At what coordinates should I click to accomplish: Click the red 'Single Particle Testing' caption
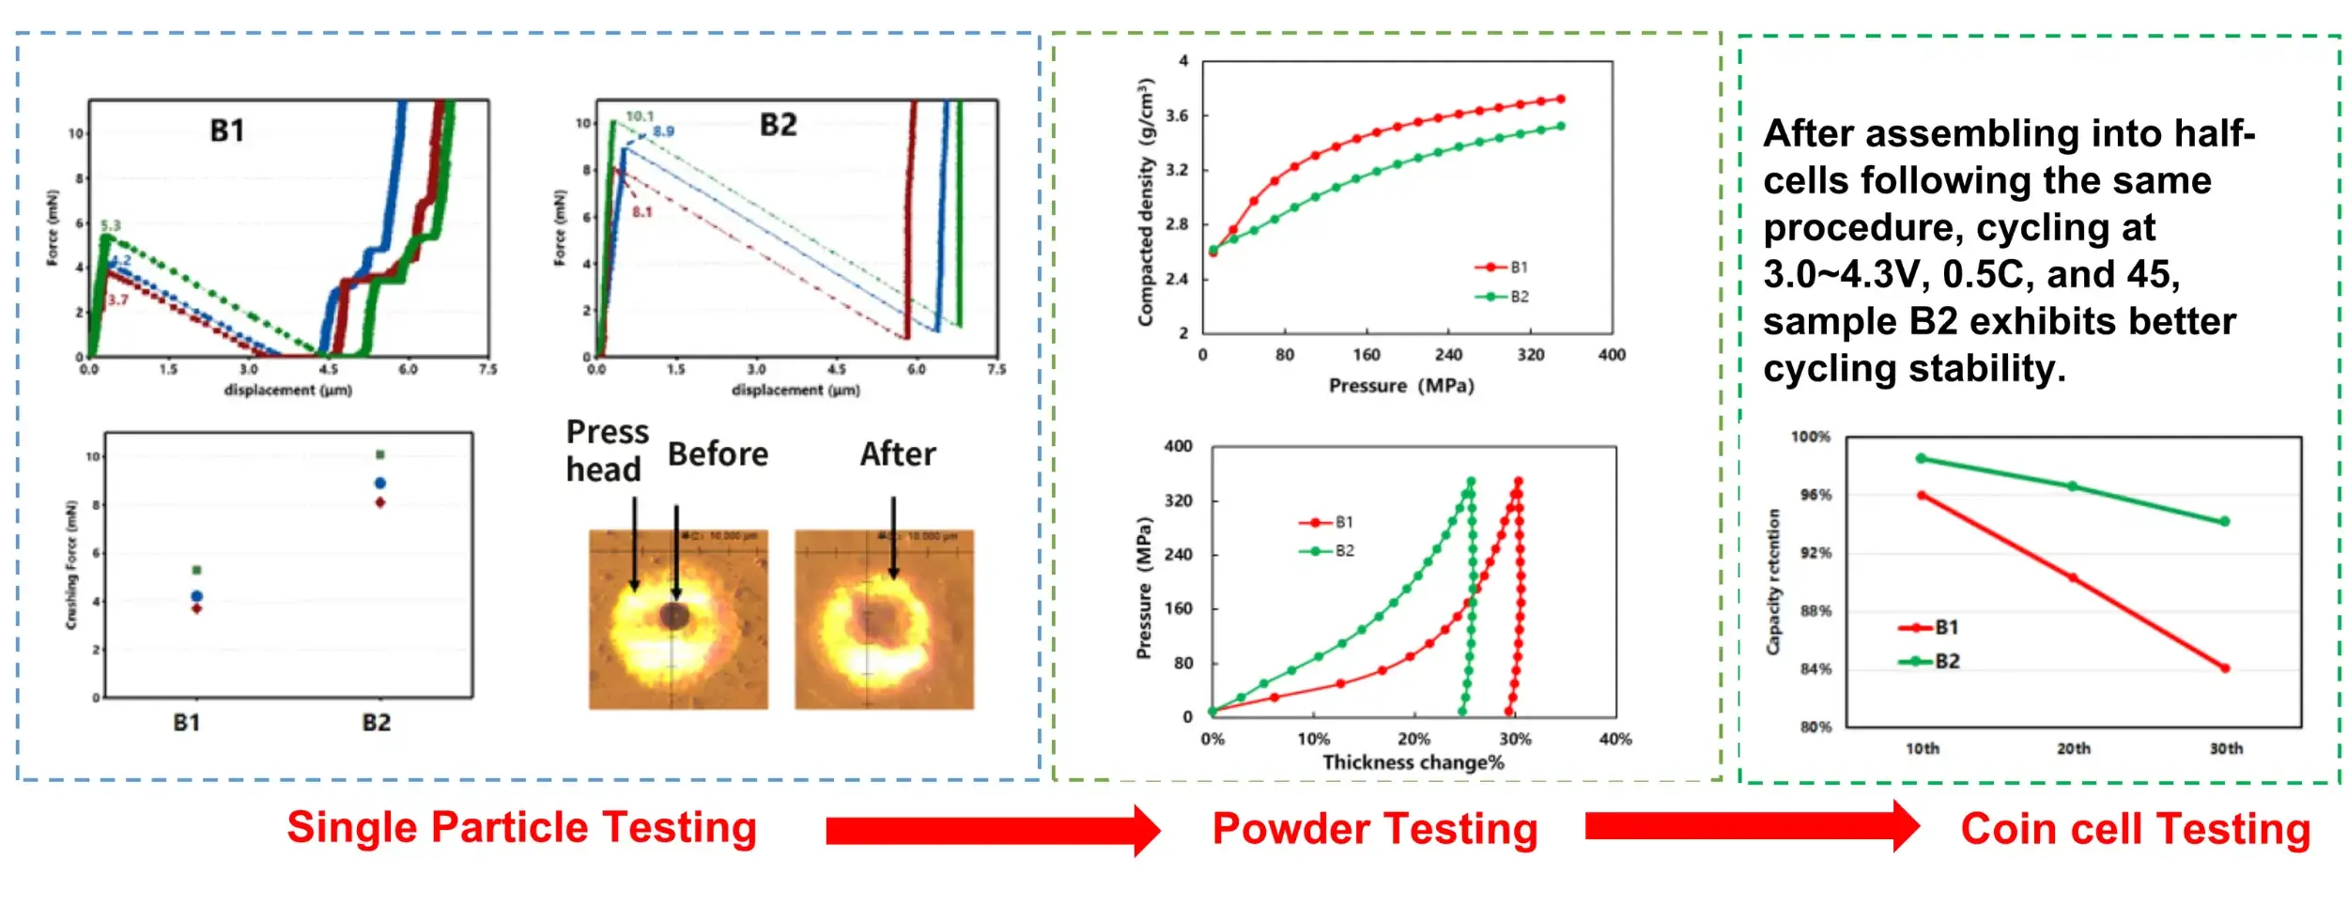click(x=521, y=828)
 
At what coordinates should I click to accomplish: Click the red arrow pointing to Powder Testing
click(x=992, y=830)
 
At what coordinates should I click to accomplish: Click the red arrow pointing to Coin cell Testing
click(x=1751, y=826)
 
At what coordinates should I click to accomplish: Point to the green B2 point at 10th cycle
click(x=1922, y=458)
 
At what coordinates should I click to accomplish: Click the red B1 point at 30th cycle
click(x=2225, y=668)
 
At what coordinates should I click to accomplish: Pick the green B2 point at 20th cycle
click(x=2073, y=486)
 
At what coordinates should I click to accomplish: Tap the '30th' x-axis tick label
click(x=2225, y=748)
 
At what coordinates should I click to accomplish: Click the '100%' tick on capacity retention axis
click(x=1810, y=437)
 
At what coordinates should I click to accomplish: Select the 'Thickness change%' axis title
click(x=1413, y=762)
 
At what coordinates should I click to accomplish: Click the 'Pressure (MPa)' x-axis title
click(x=1401, y=386)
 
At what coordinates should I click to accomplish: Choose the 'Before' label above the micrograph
click(x=718, y=454)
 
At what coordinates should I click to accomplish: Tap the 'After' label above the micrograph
click(x=898, y=454)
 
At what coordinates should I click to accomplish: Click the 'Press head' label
click(x=607, y=451)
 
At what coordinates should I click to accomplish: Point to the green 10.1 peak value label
click(x=640, y=116)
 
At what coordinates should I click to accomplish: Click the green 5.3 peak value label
click(x=111, y=225)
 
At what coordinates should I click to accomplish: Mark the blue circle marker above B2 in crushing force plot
click(x=380, y=483)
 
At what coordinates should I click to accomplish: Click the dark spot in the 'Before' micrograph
click(x=673, y=616)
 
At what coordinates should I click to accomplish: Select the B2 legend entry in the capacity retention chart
click(x=1935, y=661)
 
